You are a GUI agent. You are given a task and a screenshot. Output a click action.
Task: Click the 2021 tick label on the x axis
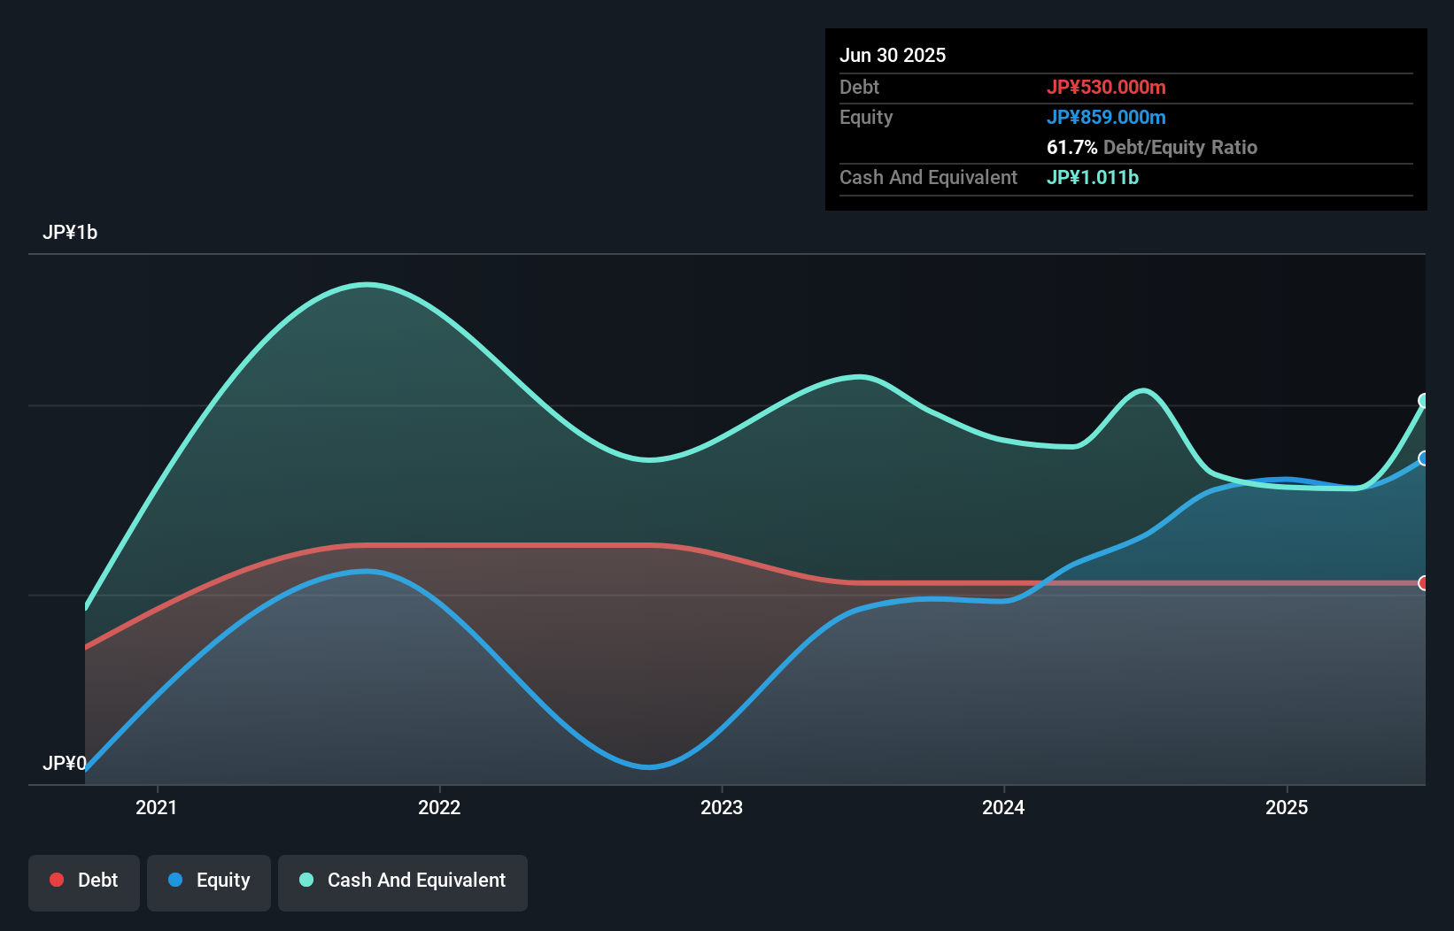pos(156,807)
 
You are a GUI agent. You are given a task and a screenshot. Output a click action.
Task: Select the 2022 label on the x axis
pos(439,807)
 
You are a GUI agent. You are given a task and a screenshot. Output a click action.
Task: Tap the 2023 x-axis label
pos(722,807)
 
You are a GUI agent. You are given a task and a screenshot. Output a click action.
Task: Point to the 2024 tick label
pos(1003,807)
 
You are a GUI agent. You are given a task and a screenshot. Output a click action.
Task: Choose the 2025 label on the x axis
pos(1286,807)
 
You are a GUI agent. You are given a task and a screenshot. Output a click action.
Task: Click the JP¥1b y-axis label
pos(70,233)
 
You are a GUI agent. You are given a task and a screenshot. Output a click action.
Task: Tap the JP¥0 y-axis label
pos(65,763)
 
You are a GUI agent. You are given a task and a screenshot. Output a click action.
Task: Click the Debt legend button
pos(84,881)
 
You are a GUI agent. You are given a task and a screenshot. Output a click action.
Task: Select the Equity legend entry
pos(209,881)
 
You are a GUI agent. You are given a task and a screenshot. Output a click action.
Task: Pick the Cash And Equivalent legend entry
pos(403,881)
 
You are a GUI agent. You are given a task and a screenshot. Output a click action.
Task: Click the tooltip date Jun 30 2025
pos(893,55)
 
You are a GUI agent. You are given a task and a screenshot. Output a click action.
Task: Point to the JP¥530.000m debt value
pos(1106,87)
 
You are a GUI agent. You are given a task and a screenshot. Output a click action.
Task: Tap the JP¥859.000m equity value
pos(1106,117)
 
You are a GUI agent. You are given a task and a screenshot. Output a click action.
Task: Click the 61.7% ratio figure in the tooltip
pos(1071,147)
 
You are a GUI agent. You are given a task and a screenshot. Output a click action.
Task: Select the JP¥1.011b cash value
pos(1093,177)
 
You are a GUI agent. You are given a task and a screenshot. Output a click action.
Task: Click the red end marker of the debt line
pos(1424,583)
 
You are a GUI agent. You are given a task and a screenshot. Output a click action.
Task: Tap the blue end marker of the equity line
pos(1424,458)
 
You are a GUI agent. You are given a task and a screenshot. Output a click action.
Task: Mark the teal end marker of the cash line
pos(1424,401)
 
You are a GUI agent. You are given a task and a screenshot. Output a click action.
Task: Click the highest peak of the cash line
pos(367,284)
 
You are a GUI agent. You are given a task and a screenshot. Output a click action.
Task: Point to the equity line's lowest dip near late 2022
pos(649,766)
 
